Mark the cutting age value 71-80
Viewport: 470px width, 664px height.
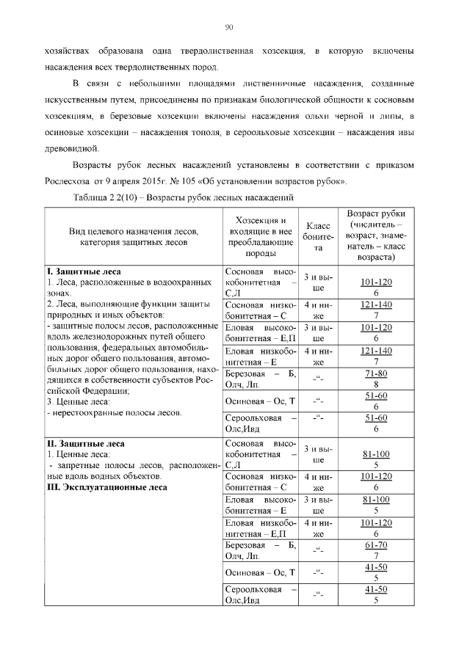click(375, 373)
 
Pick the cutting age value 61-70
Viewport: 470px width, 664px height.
click(375, 547)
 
